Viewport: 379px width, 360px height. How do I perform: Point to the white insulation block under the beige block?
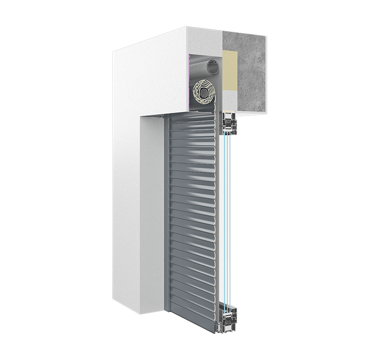[x=230, y=101]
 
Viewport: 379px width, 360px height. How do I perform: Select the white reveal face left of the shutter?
[x=152, y=213]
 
